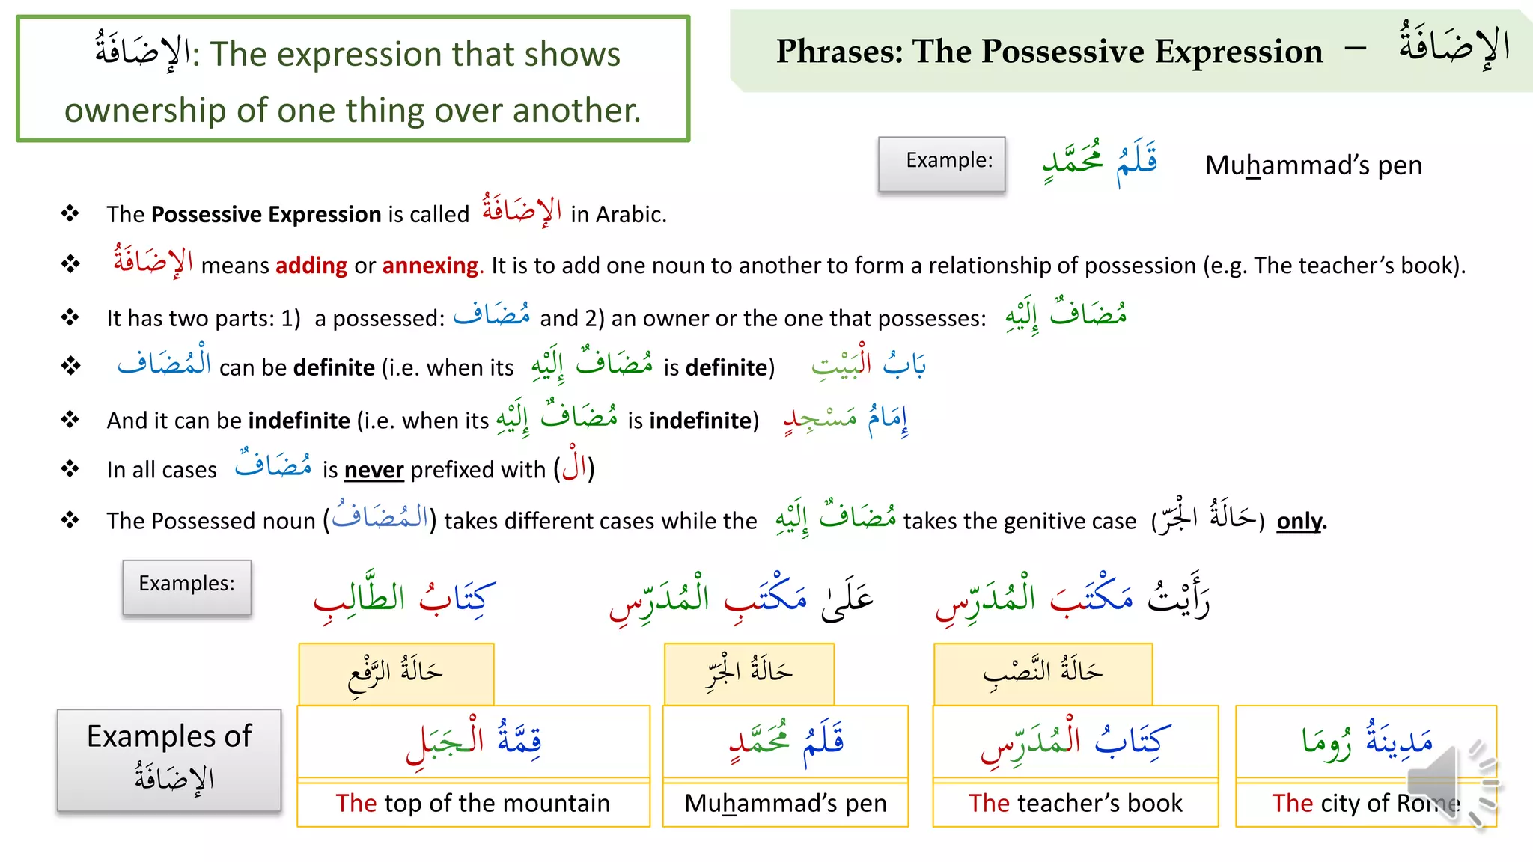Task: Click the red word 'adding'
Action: [x=311, y=266]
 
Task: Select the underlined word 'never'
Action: [x=374, y=470]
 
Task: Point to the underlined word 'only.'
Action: [x=1301, y=521]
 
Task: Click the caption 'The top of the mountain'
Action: [x=472, y=803]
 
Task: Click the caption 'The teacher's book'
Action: [x=1075, y=803]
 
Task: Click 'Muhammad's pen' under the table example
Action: [x=785, y=803]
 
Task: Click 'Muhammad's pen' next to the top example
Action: [x=1313, y=165]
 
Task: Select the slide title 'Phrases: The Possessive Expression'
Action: [x=1049, y=52]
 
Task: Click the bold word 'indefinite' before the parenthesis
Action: [x=299, y=421]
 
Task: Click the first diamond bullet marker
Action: [x=70, y=214]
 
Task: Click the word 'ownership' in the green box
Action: [x=145, y=111]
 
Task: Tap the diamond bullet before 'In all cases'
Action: [x=70, y=469]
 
